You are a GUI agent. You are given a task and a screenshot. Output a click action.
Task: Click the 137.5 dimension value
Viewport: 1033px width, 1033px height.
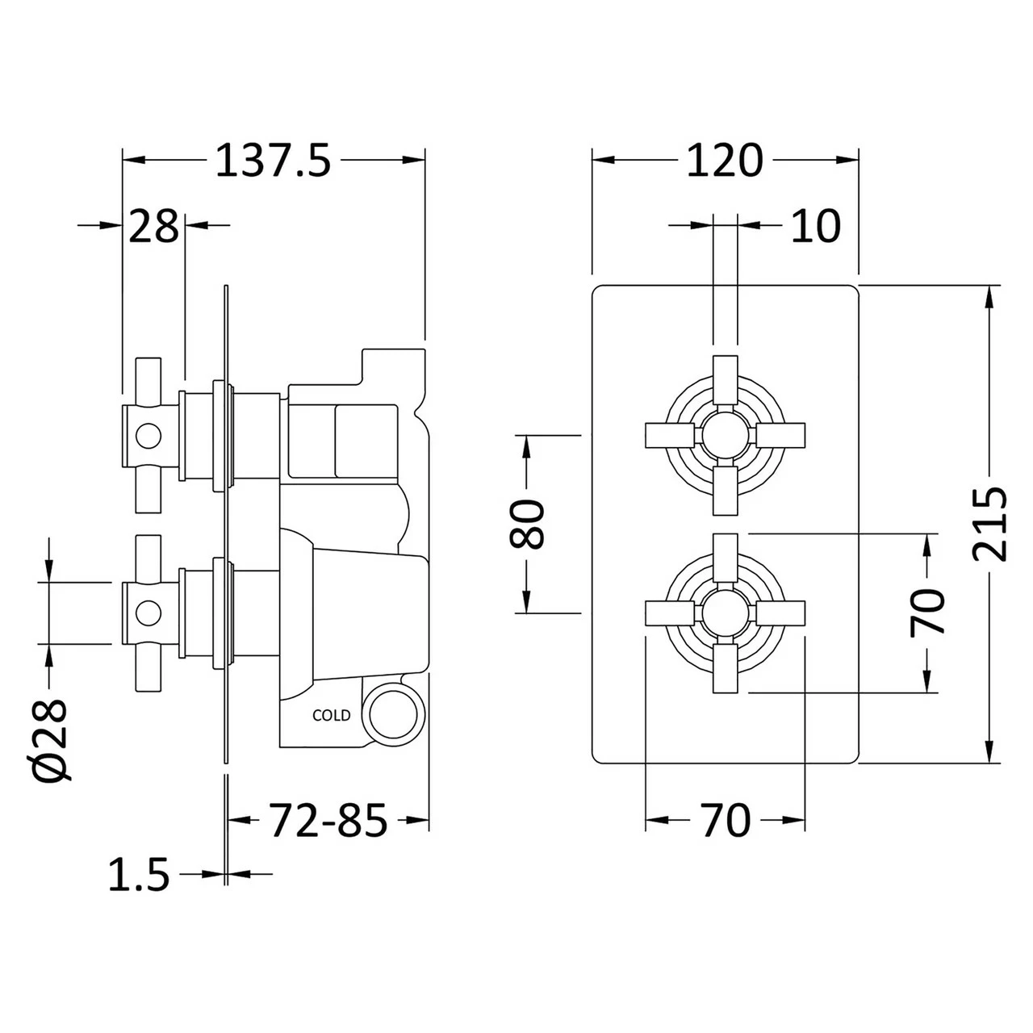273,161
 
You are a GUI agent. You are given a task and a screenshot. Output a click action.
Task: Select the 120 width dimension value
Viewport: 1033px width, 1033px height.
724,161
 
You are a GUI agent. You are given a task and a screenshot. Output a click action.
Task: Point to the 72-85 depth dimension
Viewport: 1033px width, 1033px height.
328,821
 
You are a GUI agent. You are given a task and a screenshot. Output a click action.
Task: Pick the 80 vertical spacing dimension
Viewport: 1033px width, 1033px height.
528,524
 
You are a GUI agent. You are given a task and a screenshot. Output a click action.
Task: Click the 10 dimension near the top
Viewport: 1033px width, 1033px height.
814,226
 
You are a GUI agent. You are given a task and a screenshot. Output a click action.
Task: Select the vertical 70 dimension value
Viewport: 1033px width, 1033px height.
927,612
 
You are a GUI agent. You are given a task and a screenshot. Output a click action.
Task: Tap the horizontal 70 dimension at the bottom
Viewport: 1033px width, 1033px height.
726,821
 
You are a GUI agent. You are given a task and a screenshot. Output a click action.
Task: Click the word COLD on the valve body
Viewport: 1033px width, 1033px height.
332,715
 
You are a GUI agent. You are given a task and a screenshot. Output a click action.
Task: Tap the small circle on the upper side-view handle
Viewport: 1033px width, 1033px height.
148,437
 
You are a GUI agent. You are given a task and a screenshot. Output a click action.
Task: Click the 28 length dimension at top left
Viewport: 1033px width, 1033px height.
153,227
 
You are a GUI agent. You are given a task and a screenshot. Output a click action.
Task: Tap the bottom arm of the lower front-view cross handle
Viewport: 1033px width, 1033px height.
725,669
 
